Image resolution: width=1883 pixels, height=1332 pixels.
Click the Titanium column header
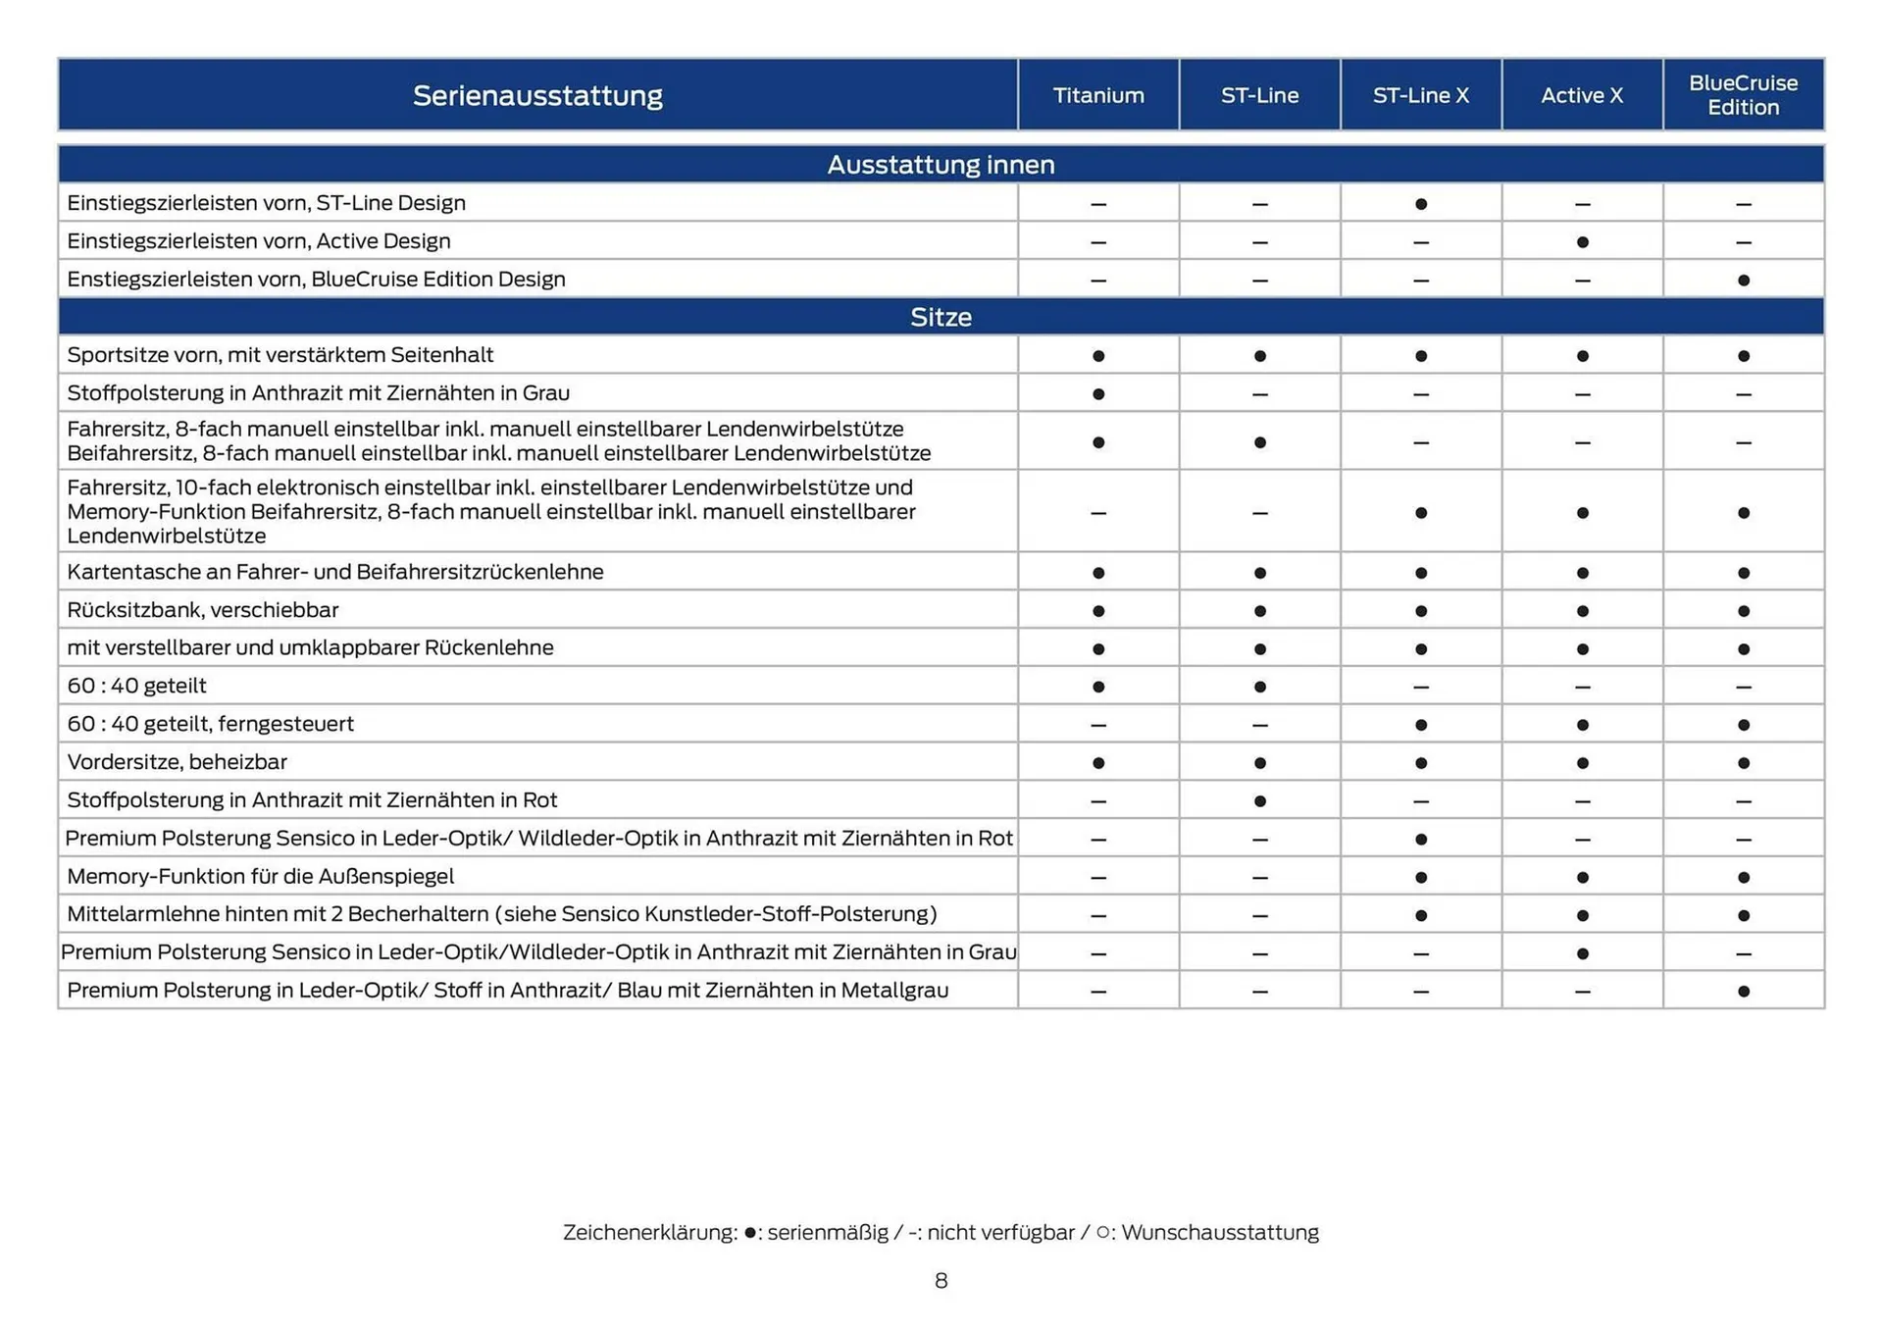pyautogui.click(x=1097, y=95)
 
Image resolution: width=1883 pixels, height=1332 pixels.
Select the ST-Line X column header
pyautogui.click(x=1420, y=95)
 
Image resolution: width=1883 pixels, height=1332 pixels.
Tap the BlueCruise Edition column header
pyautogui.click(x=1743, y=95)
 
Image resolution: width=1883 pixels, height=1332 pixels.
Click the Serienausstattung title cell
pyautogui.click(x=537, y=95)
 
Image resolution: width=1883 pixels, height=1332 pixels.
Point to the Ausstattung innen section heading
pyautogui.click(x=941, y=164)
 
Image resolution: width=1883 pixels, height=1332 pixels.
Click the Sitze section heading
pyautogui.click(x=941, y=317)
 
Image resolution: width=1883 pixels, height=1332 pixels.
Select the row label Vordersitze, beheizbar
pyautogui.click(x=177, y=762)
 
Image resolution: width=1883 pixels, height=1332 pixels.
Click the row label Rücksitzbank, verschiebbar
pyautogui.click(x=202, y=610)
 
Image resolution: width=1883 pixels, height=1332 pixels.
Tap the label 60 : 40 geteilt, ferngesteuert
pyautogui.click(x=210, y=724)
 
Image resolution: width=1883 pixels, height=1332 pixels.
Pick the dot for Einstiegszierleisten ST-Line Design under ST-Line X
pyautogui.click(x=1420, y=204)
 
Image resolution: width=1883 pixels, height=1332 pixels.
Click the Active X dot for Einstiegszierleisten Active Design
pyautogui.click(x=1582, y=242)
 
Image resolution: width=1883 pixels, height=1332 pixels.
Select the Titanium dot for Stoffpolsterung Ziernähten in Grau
pyautogui.click(x=1097, y=394)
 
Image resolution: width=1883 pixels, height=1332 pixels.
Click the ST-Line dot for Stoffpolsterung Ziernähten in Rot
pyautogui.click(x=1259, y=801)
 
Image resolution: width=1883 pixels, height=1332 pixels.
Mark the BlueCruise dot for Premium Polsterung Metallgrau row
pyautogui.click(x=1743, y=992)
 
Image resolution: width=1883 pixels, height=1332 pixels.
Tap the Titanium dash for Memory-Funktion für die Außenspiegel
pyautogui.click(x=1097, y=878)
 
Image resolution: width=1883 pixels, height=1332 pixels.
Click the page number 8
pyautogui.click(x=941, y=1281)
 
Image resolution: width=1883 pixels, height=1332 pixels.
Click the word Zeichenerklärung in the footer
pyautogui.click(x=649, y=1233)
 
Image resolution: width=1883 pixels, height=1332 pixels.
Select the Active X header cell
pyautogui.click(x=1582, y=95)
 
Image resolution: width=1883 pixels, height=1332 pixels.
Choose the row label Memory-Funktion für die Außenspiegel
pyautogui.click(x=260, y=876)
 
